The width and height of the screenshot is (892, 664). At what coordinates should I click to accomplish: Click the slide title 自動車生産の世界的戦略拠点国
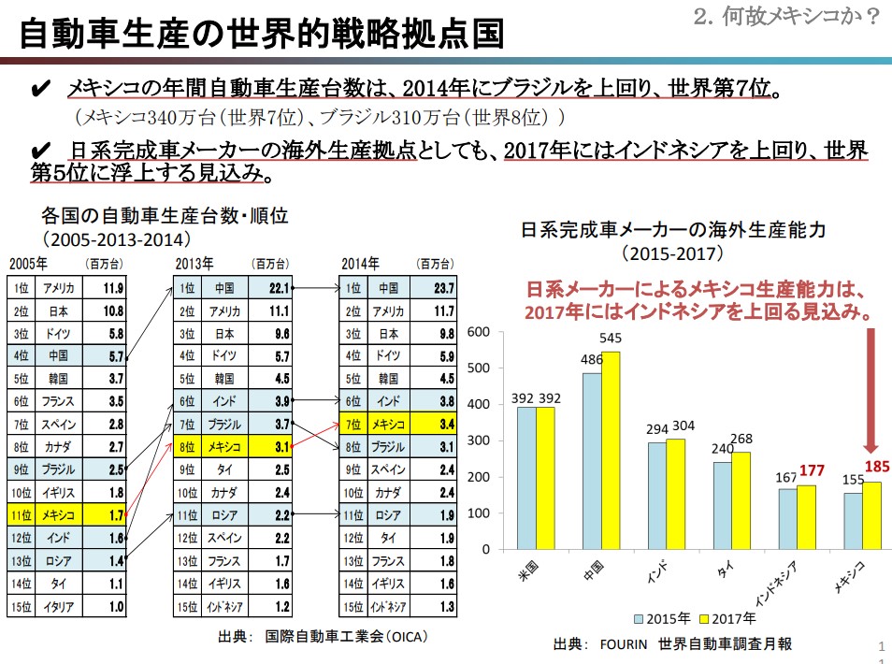coord(263,35)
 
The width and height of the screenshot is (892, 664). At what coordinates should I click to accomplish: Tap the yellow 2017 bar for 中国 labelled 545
coord(611,450)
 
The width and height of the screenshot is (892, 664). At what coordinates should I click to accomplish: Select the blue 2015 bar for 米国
coord(527,478)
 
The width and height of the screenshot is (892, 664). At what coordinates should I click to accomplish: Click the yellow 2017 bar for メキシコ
coord(872,515)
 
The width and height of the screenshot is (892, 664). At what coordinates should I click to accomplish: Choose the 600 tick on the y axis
coord(479,332)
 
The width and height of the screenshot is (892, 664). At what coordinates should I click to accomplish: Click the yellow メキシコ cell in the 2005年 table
coord(59,514)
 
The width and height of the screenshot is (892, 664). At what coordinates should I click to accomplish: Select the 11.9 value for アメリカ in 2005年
coord(113,288)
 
